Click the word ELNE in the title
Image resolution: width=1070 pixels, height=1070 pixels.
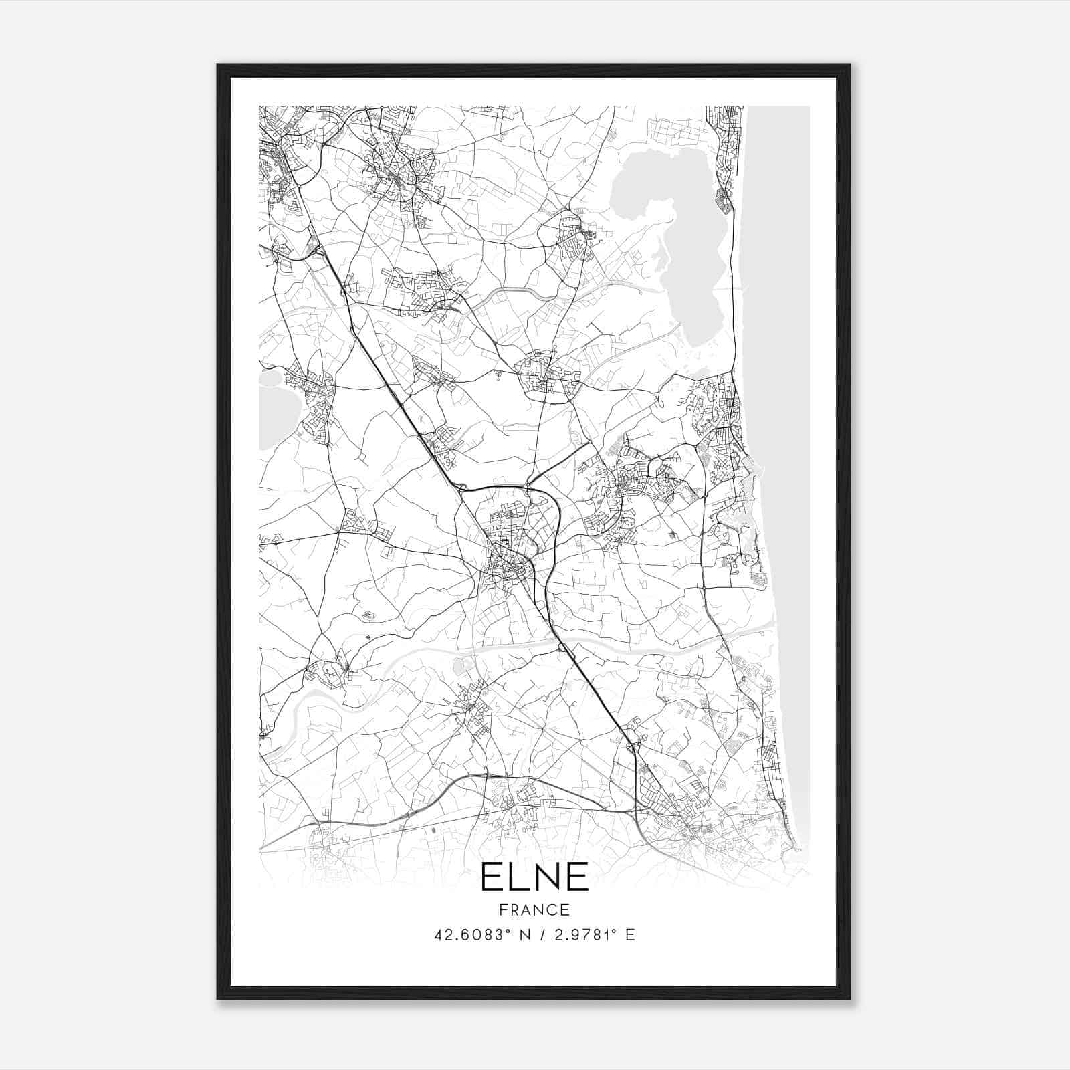(x=534, y=877)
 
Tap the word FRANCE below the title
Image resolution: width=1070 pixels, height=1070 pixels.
(x=534, y=909)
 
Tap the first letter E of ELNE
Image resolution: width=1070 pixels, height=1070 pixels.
(x=492, y=877)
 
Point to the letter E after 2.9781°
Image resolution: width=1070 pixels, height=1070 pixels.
(x=629, y=935)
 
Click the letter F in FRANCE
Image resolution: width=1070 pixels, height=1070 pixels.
(x=503, y=909)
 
